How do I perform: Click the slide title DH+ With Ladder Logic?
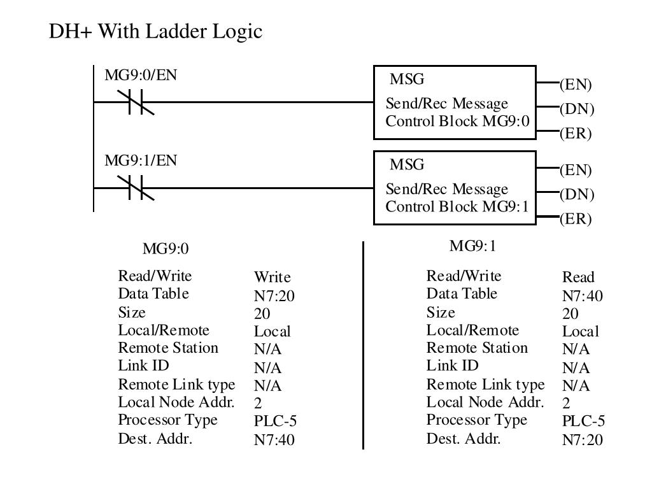155,31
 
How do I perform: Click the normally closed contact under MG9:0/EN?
136,102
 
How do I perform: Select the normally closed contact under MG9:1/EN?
136,188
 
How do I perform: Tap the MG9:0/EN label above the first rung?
141,75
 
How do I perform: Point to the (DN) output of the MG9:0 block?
577,109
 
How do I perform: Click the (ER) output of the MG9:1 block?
576,219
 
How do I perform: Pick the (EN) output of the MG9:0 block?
576,85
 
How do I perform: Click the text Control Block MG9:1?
457,206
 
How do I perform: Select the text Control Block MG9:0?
457,121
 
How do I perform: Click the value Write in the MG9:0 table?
273,277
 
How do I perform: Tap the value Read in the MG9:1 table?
578,277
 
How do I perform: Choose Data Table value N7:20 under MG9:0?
274,295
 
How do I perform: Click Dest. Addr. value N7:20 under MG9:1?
582,439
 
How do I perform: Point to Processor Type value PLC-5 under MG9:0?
275,421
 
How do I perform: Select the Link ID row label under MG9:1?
453,365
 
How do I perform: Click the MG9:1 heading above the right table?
473,246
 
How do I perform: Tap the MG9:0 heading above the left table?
166,249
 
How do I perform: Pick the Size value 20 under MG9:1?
570,313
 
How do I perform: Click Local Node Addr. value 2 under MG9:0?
258,403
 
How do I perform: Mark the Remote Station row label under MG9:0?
168,348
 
